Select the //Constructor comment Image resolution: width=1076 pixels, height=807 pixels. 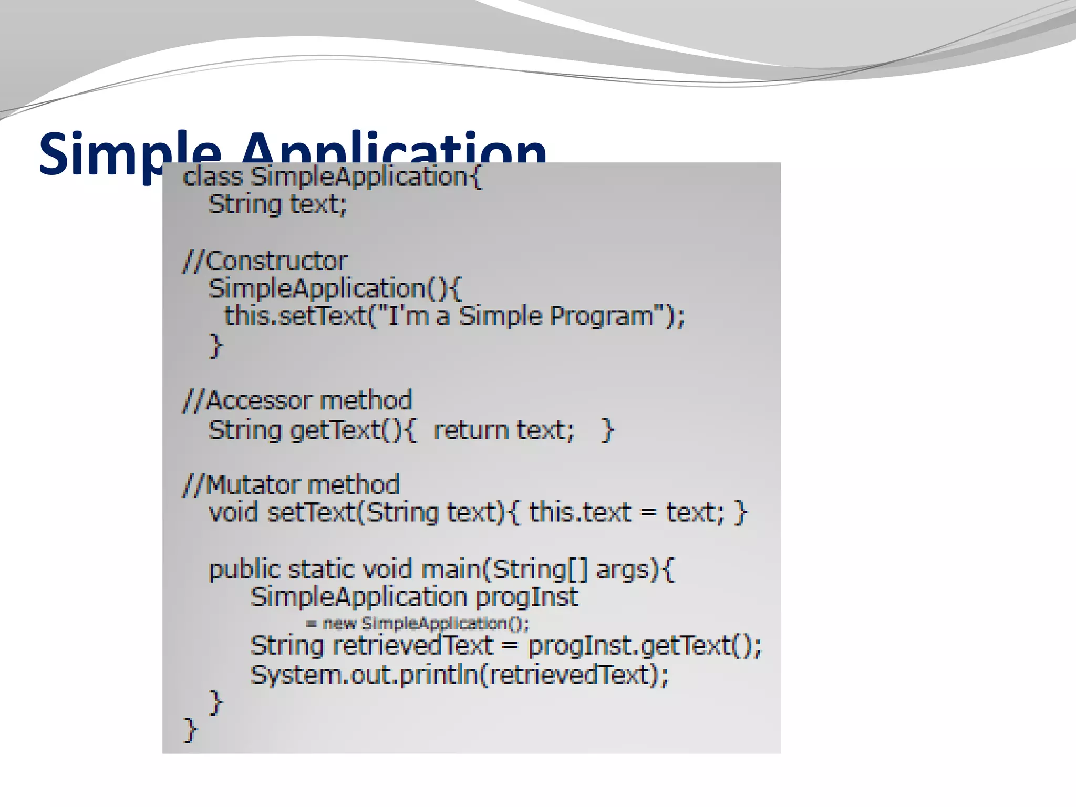click(265, 261)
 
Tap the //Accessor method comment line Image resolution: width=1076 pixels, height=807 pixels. click(297, 400)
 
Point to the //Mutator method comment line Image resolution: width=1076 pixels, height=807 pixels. click(291, 484)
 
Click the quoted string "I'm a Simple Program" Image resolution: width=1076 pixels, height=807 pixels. click(520, 316)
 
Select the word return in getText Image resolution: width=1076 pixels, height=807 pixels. click(471, 430)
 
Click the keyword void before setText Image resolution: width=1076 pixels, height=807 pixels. click(233, 512)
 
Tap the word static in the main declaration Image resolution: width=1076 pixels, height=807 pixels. click(320, 570)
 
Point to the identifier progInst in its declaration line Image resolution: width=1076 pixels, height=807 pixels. click(526, 597)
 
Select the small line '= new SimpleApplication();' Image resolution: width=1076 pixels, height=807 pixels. click(418, 624)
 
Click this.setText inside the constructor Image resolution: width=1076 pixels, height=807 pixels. click(295, 316)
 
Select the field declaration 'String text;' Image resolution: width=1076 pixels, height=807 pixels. click(278, 204)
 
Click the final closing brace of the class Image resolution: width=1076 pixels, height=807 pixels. click(190, 730)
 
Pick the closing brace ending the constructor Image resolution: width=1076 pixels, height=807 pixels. click(216, 345)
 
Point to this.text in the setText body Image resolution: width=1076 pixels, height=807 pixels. click(580, 512)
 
